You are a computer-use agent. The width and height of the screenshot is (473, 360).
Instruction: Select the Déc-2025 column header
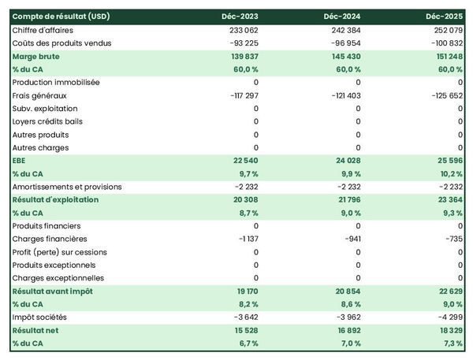coord(445,17)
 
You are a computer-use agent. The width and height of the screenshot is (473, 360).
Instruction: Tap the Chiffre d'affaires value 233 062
coord(240,30)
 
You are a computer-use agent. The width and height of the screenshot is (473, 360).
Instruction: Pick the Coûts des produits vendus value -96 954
coord(344,43)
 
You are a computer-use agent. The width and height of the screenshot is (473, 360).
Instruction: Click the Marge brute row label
coord(35,57)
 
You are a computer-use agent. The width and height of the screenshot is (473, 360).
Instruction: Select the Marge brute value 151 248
coord(446,57)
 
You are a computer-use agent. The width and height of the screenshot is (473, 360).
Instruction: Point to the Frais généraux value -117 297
coord(239,95)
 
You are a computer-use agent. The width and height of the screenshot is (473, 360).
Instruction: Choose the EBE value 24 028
coord(346,161)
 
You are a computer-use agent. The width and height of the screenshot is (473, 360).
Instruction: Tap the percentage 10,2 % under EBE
coord(449,173)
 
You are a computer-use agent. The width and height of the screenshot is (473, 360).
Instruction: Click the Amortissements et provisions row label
coord(67,187)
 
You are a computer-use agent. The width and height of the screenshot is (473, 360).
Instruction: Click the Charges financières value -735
coord(453,239)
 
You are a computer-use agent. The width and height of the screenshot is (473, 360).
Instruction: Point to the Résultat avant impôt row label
coord(53,291)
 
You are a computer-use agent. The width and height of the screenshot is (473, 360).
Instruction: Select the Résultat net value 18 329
coord(448,330)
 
